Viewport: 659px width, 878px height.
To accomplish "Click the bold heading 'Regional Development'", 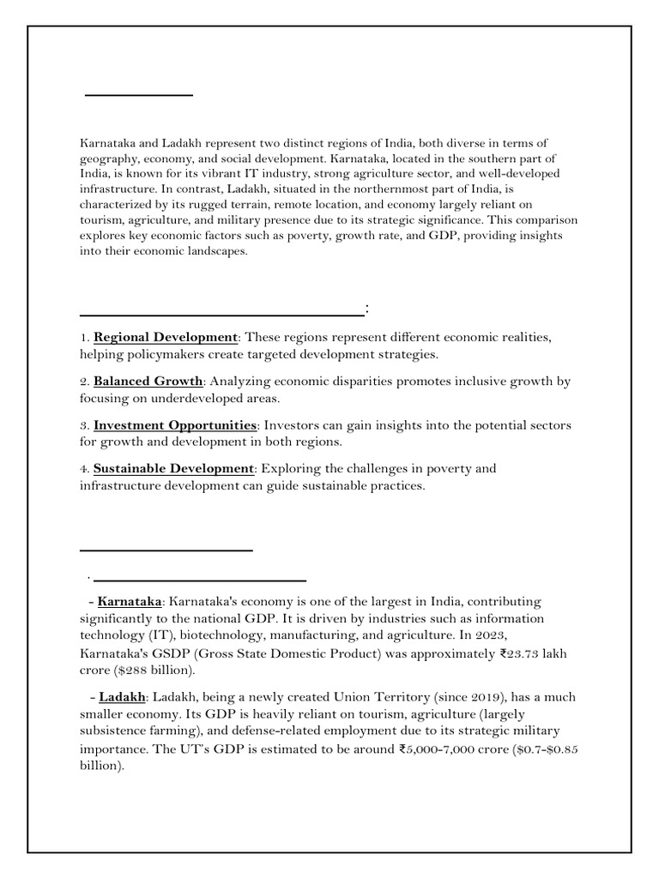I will (x=165, y=337).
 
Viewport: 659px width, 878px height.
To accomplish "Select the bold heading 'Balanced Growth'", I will (x=148, y=381).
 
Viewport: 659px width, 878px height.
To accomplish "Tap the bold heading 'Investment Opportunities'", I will (x=175, y=425).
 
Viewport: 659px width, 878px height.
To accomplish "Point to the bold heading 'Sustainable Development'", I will (x=173, y=468).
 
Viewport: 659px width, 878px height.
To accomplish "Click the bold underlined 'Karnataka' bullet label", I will (x=130, y=602).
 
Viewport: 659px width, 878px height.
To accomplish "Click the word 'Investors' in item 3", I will (x=292, y=425).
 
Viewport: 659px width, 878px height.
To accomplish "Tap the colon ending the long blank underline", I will (x=367, y=309).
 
